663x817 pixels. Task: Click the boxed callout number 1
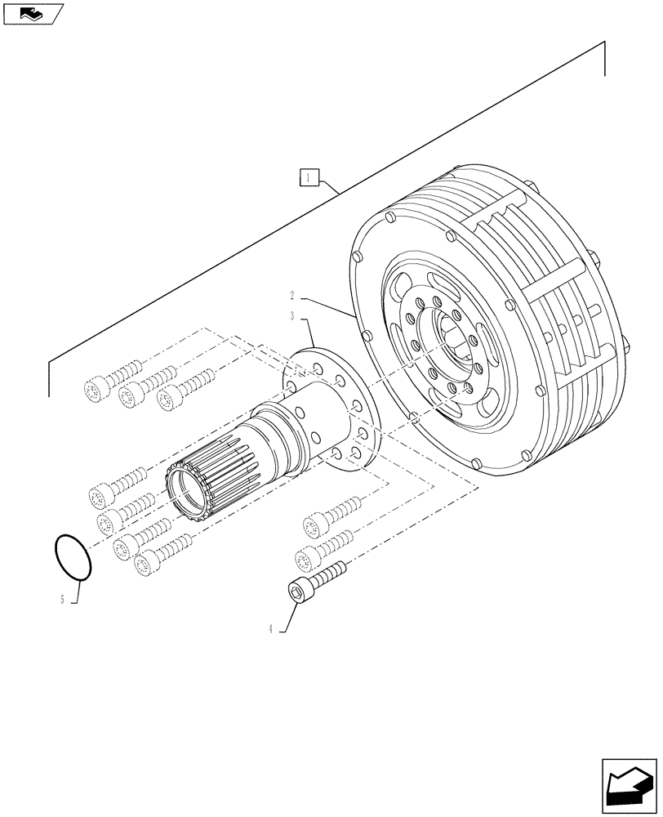(x=308, y=176)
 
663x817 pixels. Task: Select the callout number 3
(x=291, y=315)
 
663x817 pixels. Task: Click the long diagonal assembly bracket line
(x=327, y=217)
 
